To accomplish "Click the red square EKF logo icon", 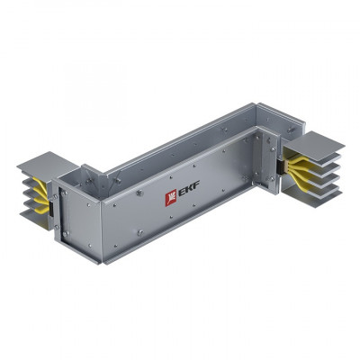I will (x=166, y=198).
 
